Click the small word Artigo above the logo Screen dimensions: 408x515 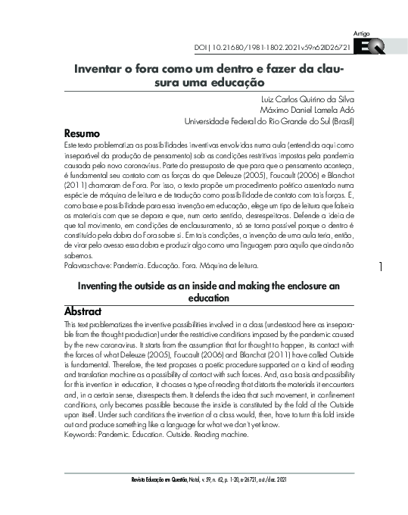[362, 34]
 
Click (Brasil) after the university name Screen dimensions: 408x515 [342, 120]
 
